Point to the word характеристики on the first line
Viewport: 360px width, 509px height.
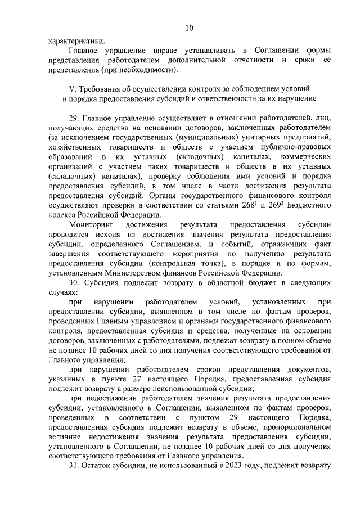(x=75, y=40)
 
